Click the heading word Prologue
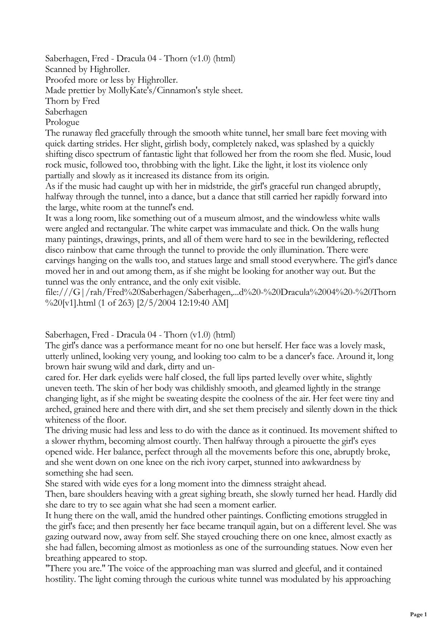(62, 122)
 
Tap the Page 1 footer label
(418, 615)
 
